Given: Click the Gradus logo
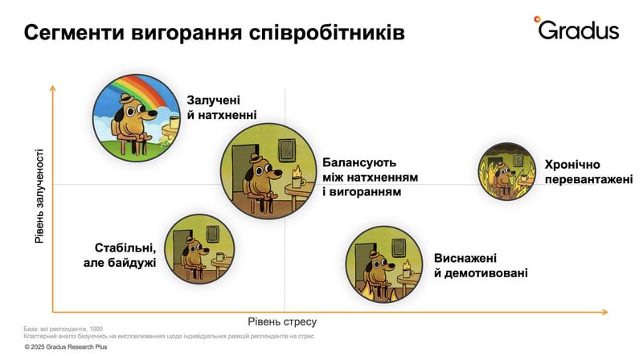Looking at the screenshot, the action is (576, 28).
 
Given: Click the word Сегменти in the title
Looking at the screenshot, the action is (74, 33).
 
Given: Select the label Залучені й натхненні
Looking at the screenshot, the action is (222, 108).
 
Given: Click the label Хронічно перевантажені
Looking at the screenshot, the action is (588, 172).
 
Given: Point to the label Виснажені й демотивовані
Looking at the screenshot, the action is (481, 265).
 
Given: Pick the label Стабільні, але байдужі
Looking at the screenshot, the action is (120, 255).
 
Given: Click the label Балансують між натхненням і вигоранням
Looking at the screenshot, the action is (370, 177).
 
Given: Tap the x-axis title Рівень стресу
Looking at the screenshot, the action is (282, 322).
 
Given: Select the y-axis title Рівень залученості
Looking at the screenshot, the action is (39, 196).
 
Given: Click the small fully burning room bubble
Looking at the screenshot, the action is (507, 171).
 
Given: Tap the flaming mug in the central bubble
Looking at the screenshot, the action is (297, 177).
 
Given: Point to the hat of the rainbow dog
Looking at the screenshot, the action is (125, 98).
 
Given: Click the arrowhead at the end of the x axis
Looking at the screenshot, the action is (605, 313).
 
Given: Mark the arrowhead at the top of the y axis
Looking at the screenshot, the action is (52, 88).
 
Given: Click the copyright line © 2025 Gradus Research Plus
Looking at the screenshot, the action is (66, 347).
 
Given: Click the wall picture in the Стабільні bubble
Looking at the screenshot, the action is (212, 234).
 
